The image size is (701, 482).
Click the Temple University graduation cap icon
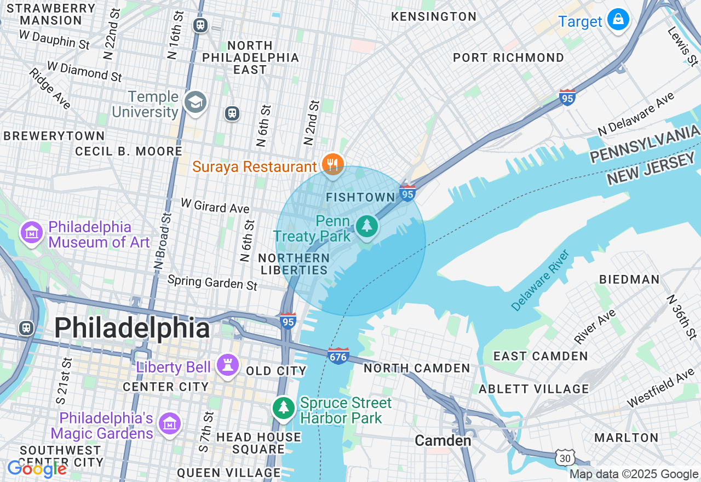[195, 102]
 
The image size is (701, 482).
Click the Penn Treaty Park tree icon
[366, 226]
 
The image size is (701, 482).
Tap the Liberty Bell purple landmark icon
[227, 365]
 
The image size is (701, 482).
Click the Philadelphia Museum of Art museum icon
[32, 233]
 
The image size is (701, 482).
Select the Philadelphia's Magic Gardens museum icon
[169, 423]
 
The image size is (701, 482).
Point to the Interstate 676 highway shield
[338, 356]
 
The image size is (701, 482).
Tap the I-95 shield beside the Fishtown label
[407, 193]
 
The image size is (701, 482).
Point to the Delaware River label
[541, 280]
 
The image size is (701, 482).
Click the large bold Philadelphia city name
[132, 329]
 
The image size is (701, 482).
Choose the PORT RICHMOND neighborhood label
[509, 58]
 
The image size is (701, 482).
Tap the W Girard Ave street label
[215, 206]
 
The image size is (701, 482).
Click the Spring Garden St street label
[212, 282]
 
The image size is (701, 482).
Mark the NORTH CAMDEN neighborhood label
[417, 368]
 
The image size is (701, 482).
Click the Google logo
[37, 469]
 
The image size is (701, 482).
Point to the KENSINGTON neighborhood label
[434, 17]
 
